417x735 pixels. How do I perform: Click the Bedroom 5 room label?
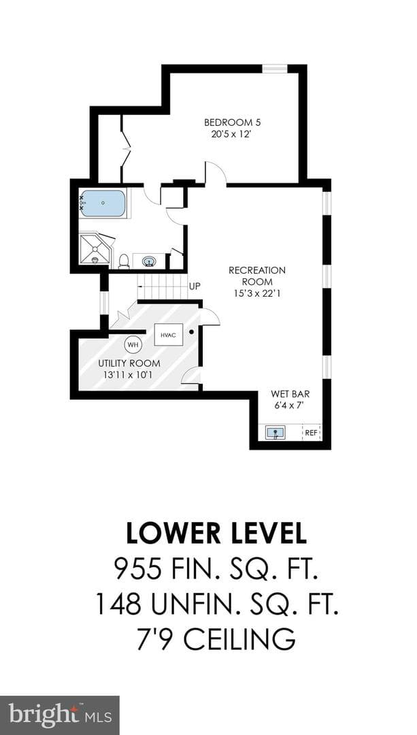232,122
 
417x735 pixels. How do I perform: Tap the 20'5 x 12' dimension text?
232,133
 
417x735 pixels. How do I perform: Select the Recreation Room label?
257,276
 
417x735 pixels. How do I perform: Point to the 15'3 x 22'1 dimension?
257,293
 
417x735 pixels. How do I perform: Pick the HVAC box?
169,334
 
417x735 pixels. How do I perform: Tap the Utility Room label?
129,363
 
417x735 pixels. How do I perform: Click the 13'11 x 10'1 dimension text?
129,374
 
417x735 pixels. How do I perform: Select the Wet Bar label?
290,394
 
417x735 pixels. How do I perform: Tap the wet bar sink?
276,433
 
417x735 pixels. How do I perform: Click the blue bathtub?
103,203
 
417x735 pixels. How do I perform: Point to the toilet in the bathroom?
124,261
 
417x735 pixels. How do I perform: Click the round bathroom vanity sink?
150,261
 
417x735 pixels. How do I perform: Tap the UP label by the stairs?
195,286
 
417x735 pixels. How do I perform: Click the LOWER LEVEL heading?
216,534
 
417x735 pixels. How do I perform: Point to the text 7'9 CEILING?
216,638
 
